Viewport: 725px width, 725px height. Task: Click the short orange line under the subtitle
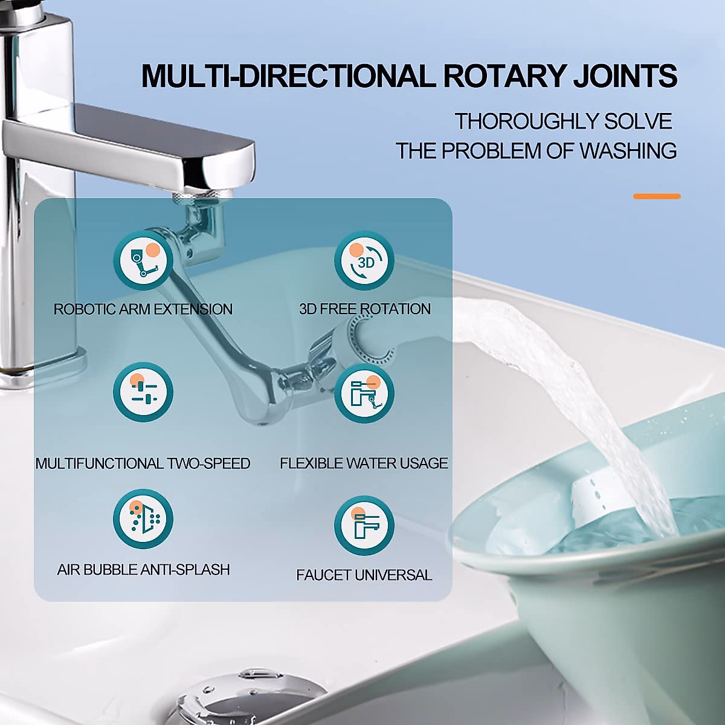657,196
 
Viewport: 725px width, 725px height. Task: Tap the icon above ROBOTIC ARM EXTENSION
143,260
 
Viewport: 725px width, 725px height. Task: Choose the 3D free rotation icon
364,260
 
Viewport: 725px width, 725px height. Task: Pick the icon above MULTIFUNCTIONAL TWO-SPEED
143,391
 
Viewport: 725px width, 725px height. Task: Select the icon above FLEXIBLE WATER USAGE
364,393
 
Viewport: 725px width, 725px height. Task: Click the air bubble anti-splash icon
143,519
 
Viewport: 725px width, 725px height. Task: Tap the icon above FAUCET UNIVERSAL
364,525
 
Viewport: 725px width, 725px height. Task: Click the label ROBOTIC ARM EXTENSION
143,309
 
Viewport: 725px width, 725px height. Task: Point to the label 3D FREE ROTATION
365,309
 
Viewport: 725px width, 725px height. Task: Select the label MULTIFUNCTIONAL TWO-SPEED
143,463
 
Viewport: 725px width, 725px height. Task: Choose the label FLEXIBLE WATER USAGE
364,463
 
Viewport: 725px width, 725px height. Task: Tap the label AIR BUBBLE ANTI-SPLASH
143,570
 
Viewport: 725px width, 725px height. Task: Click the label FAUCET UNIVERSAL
364,575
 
